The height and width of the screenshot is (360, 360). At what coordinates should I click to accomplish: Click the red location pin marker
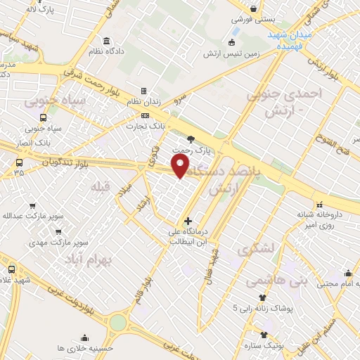click(181, 166)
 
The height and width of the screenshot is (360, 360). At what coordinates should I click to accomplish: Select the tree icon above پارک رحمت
click(192, 138)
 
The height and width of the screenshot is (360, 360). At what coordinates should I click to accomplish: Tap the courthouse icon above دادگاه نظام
click(105, 40)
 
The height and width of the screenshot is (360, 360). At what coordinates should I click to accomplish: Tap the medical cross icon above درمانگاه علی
click(187, 221)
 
